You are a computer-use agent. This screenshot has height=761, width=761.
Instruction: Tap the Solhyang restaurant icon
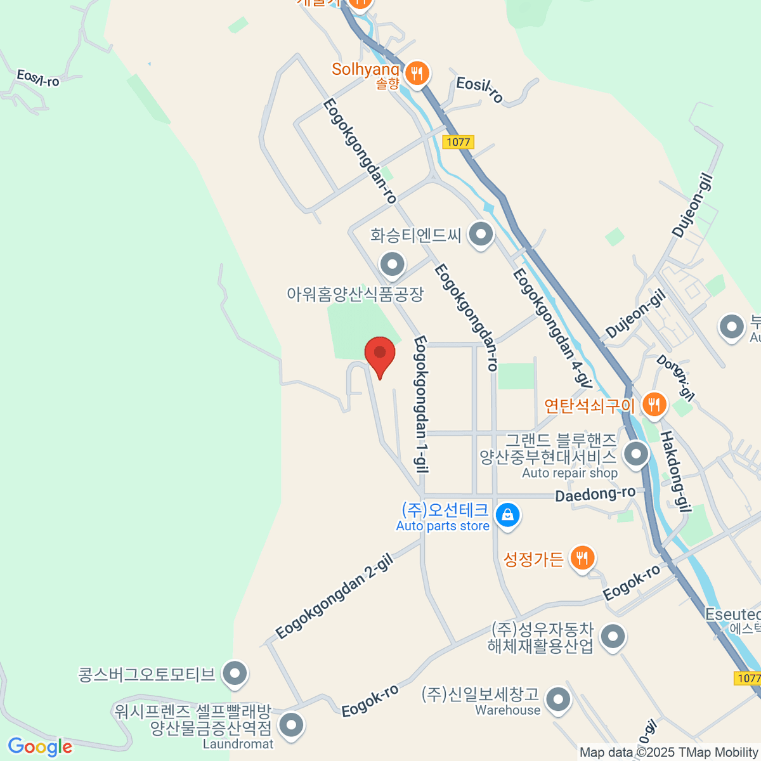416,74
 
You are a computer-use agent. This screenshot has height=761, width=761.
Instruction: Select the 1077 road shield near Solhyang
458,142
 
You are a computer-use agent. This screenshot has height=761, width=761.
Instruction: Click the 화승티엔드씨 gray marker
481,234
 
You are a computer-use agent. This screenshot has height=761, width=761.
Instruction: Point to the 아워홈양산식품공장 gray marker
392,264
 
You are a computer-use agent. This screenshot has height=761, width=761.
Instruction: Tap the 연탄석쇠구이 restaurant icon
654,403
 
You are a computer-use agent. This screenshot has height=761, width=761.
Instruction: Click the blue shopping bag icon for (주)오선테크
507,516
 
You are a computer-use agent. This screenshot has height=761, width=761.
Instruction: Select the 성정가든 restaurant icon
582,558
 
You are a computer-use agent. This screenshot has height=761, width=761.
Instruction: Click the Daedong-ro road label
595,494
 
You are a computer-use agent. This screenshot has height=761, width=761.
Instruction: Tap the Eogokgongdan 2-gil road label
335,596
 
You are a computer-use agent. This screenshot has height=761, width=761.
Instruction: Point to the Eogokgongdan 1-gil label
420,405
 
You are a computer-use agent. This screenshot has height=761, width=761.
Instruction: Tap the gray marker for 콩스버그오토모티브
235,675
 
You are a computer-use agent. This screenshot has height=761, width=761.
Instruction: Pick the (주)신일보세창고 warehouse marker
558,700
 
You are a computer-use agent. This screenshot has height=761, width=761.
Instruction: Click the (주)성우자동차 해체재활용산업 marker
613,637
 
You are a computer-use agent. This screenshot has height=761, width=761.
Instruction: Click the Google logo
40,747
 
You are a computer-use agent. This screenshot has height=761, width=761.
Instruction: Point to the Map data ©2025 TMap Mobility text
668,752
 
